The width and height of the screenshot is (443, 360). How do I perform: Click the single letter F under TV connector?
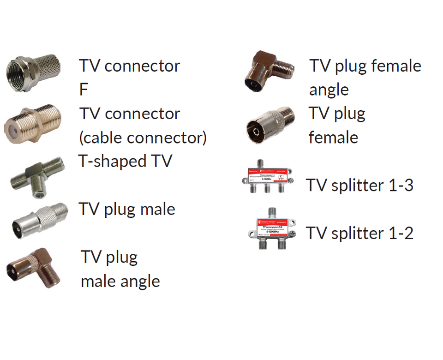pyautogui.click(x=84, y=90)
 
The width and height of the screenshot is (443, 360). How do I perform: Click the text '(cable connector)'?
pyautogui.click(x=143, y=138)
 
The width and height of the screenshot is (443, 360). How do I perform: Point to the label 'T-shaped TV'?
pyautogui.click(x=125, y=161)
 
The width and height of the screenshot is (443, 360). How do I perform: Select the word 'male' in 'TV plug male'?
pyautogui.click(x=157, y=209)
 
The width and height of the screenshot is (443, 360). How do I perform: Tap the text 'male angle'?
pyautogui.click(x=120, y=281)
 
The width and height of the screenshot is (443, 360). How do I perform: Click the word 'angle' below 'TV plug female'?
pyautogui.click(x=329, y=90)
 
